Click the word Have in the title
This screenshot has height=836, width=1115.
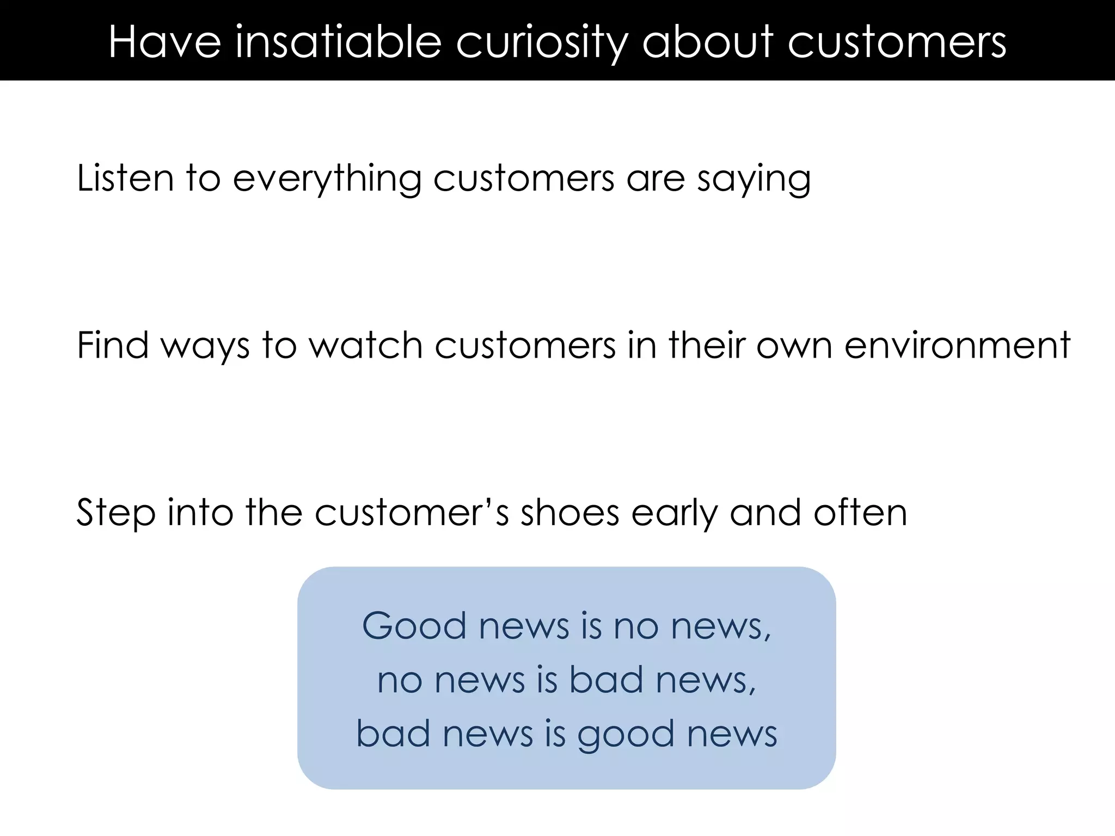coord(164,42)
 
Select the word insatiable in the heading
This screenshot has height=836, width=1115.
coord(338,42)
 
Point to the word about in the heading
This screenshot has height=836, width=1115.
coord(708,42)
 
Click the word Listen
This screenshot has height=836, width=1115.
coord(125,178)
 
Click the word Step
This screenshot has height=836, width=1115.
coord(115,513)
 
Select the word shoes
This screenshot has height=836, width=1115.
coord(570,513)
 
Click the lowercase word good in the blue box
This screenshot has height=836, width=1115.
coord(626,735)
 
